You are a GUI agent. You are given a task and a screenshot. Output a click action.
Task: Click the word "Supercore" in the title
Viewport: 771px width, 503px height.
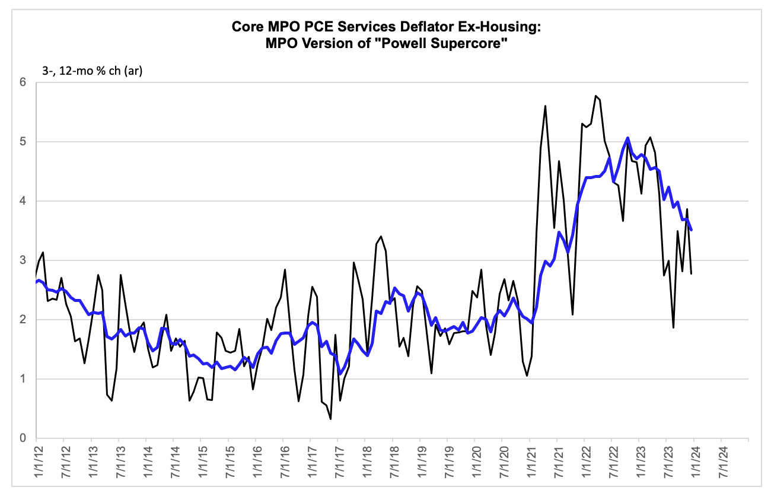tap(469, 44)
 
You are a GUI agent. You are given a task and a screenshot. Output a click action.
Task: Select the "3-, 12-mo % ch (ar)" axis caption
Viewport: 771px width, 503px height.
tap(93, 71)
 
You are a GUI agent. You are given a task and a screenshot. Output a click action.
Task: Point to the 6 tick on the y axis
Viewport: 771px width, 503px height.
tap(23, 82)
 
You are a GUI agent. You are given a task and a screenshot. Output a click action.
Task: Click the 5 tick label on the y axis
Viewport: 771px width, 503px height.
tap(23, 142)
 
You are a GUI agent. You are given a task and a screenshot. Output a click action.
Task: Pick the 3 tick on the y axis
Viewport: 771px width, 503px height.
tap(23, 260)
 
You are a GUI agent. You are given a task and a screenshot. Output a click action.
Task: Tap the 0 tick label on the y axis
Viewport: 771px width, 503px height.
tap(23, 438)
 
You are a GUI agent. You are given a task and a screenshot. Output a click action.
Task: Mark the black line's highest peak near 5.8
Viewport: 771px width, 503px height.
tap(595, 95)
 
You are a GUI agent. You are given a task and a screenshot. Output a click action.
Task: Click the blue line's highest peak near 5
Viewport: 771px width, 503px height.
tap(628, 138)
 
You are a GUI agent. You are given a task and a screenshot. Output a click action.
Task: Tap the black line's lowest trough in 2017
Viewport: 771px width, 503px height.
tap(330, 419)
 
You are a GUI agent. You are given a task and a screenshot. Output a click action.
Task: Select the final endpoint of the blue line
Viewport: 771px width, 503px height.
tap(692, 230)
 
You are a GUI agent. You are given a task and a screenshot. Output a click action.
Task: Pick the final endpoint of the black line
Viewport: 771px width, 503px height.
tap(692, 273)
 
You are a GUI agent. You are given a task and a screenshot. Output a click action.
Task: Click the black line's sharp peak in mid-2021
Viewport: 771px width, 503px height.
tap(545, 106)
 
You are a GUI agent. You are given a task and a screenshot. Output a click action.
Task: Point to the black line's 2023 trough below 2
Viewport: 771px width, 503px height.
tap(673, 327)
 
